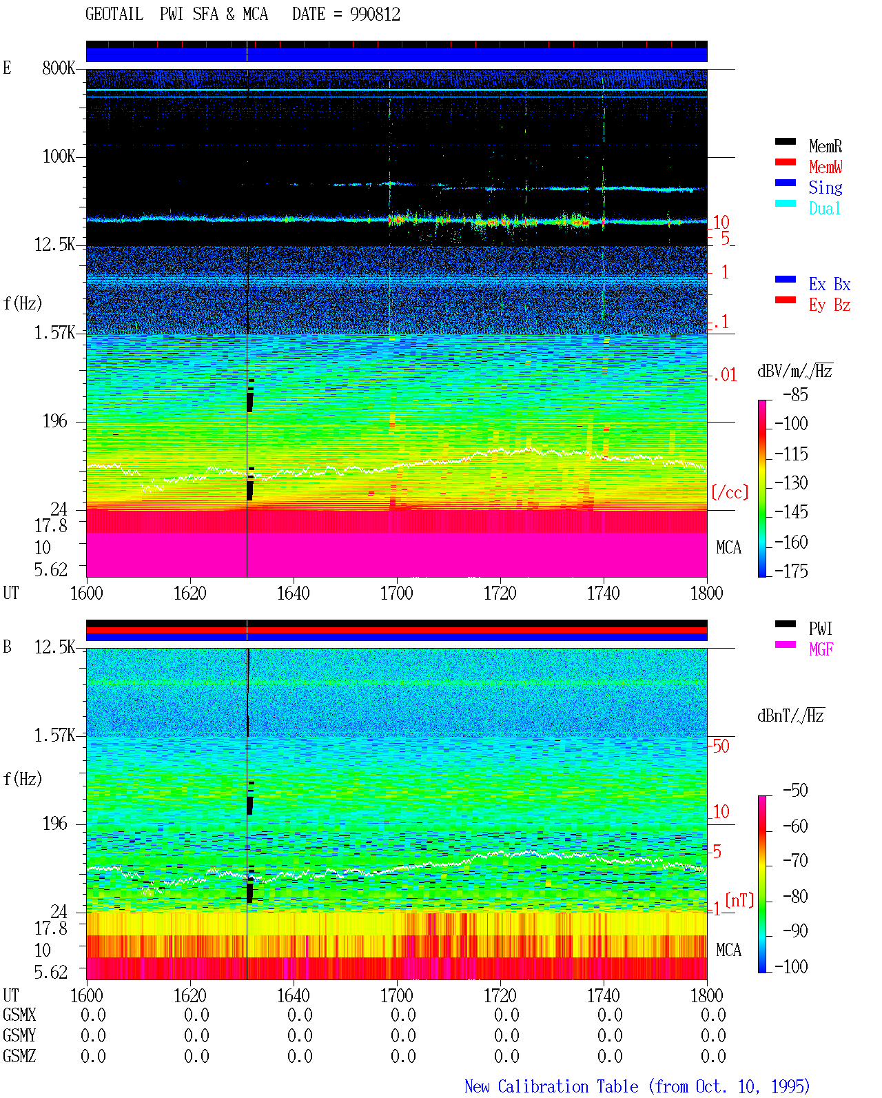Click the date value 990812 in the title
pos(375,14)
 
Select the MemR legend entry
pos(825,146)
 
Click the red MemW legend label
pos(825,167)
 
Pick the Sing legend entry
pos(825,187)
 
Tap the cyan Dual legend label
pos(825,208)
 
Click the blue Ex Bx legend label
pos(830,284)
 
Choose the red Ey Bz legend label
pos(830,305)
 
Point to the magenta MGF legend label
pos(821,649)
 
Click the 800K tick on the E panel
pos(59,68)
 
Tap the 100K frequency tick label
pos(59,156)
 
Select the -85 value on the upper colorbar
pos(795,394)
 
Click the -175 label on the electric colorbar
pos(791,571)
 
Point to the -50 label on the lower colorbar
pos(795,791)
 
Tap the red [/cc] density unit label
pos(730,492)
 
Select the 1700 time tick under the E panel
pos(396,593)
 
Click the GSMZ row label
pos(19,1056)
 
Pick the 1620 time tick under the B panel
pos(189,995)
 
